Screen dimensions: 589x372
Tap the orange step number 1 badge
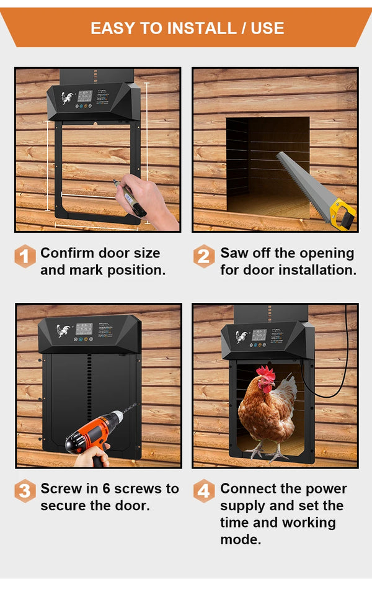(25, 256)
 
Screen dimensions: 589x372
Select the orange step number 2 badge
(204, 256)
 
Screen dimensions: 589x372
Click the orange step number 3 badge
(25, 492)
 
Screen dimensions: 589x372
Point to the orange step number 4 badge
(204, 492)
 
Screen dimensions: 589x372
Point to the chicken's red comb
(265, 372)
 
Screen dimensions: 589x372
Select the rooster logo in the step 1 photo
(67, 97)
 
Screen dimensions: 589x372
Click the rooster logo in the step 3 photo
(63, 330)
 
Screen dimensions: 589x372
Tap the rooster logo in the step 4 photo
(241, 337)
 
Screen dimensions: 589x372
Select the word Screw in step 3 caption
(60, 488)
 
